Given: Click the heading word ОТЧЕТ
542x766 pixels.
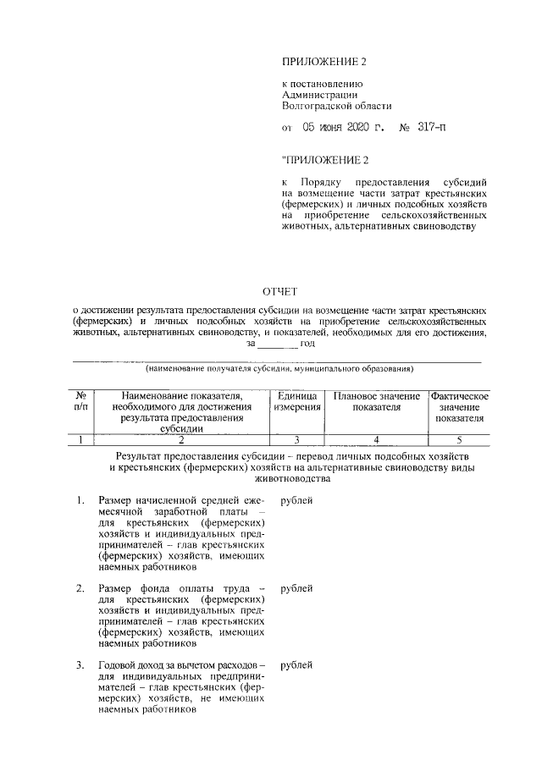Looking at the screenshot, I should pos(279,293).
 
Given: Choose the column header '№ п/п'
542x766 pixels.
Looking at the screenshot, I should pos(81,402).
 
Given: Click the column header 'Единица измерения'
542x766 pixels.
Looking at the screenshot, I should pos(296,402).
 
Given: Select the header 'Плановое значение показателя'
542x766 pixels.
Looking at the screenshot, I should pos(376,402).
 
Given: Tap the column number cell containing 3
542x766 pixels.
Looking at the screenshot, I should pos(296,439).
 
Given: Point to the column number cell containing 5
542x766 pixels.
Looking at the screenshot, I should pos(459,439).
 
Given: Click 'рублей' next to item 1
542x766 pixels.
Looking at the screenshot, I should pos(296,501).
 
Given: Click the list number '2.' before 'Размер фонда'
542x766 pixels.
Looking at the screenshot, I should pos(80,588).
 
